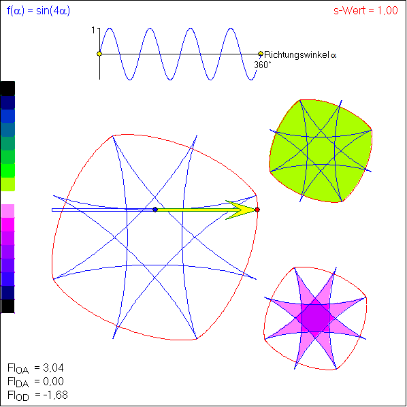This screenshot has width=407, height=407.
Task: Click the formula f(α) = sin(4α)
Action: coord(38,11)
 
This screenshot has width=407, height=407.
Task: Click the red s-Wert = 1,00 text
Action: coord(365,11)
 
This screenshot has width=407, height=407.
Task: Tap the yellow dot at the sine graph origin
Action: coord(99,54)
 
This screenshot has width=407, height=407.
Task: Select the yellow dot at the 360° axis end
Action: coord(261,54)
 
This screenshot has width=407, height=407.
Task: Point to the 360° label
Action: coord(263,65)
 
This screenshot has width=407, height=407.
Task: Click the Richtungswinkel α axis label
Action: coord(300,55)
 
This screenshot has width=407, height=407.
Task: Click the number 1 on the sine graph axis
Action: coord(93,31)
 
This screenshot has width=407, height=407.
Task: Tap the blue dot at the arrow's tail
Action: coord(155,210)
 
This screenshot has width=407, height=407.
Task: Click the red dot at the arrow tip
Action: coord(257,210)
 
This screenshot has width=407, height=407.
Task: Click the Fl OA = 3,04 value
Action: coord(35,369)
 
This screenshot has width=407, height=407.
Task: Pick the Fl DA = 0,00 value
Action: coord(35,382)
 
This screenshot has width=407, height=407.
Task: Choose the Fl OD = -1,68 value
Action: coord(37,395)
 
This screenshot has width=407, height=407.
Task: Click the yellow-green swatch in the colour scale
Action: coord(7,184)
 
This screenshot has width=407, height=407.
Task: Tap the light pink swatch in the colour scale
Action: coord(7,211)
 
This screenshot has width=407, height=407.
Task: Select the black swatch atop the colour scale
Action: coord(7,88)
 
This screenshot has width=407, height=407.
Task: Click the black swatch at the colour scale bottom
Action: coord(7,306)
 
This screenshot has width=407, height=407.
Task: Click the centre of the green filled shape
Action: coord(321,150)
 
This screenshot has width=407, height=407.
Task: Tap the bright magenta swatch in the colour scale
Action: coord(7,225)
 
